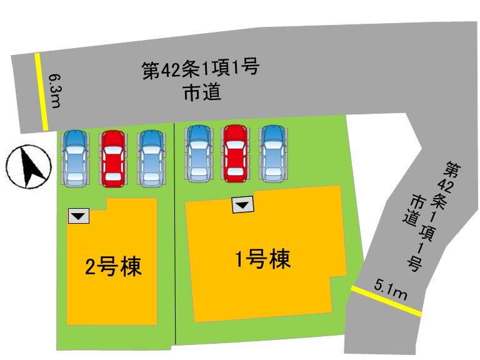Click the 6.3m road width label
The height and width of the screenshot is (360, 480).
click(x=54, y=91)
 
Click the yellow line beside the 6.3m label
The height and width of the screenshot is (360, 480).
click(x=41, y=91)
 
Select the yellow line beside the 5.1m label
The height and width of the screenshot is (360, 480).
click(x=386, y=301)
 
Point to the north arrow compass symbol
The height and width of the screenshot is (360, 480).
click(x=29, y=166)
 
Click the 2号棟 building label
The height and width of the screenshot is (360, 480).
click(x=113, y=267)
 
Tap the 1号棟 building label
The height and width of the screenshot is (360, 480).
click(x=262, y=259)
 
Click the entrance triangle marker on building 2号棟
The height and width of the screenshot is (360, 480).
click(x=79, y=216)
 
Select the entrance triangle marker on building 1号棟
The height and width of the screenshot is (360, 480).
click(x=243, y=205)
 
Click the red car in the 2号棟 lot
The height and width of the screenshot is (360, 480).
click(x=113, y=159)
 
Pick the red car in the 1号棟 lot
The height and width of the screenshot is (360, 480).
click(x=235, y=154)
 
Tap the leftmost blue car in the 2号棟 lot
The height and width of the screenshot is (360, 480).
click(x=75, y=158)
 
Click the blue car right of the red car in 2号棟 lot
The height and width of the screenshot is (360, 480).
click(x=151, y=159)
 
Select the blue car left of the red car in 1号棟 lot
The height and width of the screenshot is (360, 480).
click(x=198, y=154)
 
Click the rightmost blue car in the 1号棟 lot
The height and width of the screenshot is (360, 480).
click(x=273, y=154)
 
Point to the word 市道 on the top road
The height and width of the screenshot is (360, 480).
click(x=202, y=93)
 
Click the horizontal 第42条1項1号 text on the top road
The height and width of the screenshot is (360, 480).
click(x=201, y=69)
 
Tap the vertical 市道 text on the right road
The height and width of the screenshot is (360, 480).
click(x=411, y=211)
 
